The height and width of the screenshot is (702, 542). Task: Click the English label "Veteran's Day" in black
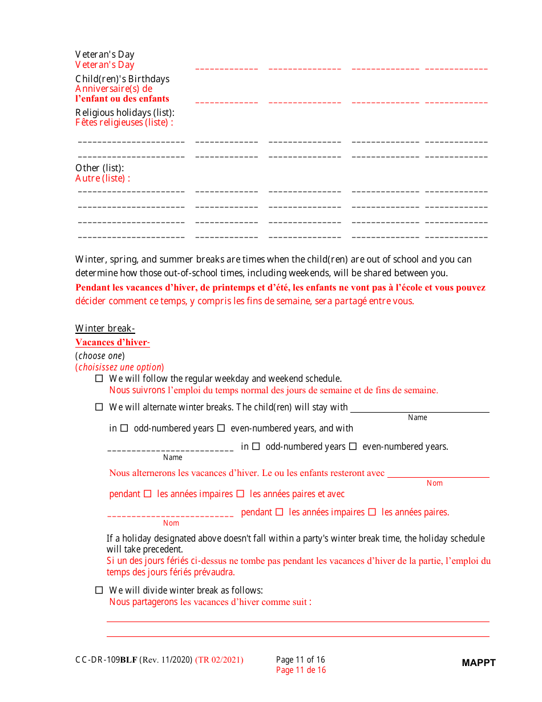pyautogui.click(x=104, y=54)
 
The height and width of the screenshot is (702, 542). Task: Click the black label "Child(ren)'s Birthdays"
pyautogui.click(x=122, y=79)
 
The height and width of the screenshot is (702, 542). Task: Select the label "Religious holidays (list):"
pyautogui.click(x=124, y=112)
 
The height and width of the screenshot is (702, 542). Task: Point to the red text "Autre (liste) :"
pyautogui.click(x=103, y=178)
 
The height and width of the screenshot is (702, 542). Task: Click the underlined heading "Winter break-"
pyautogui.click(x=105, y=328)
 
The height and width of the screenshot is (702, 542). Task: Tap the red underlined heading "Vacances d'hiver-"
pyautogui.click(x=112, y=342)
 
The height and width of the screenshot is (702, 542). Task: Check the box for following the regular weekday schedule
pyautogui.click(x=99, y=378)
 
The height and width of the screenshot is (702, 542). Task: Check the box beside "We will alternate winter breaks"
pyautogui.click(x=99, y=407)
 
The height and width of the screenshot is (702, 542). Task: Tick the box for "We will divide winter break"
pyautogui.click(x=99, y=590)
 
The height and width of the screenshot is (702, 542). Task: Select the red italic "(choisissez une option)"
pyautogui.click(x=119, y=367)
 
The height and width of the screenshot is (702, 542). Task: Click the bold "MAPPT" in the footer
pyautogui.click(x=479, y=663)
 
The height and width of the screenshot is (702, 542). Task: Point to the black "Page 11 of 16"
pyautogui.click(x=300, y=660)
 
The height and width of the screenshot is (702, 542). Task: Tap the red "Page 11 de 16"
pyautogui.click(x=301, y=670)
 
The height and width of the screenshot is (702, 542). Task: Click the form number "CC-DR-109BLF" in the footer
pyautogui.click(x=106, y=660)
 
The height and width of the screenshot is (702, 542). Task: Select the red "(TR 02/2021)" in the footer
pyautogui.click(x=219, y=660)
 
